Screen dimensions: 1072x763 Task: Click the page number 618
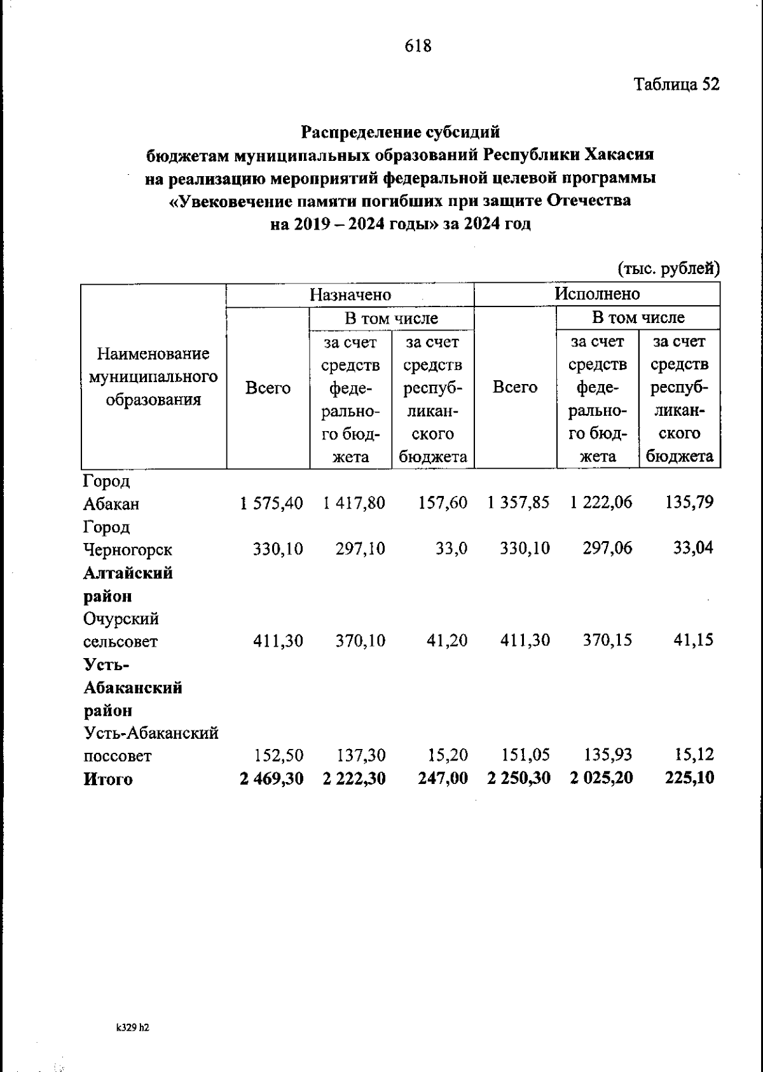pyautogui.click(x=418, y=46)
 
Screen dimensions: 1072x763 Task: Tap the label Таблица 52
pyautogui.click(x=676, y=85)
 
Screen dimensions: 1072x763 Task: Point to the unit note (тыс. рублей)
pyautogui.click(x=669, y=269)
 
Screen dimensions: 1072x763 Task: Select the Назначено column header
pyautogui.click(x=350, y=294)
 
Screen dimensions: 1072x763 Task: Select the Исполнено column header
pyautogui.click(x=597, y=294)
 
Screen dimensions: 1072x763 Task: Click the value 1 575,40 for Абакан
pyautogui.click(x=272, y=503)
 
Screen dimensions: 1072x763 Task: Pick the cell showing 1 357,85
pyautogui.click(x=519, y=503)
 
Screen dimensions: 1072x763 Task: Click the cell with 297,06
pyautogui.click(x=607, y=548)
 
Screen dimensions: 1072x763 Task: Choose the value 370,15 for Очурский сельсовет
pyautogui.click(x=608, y=640)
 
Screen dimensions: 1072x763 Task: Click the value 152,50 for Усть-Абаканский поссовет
pyautogui.click(x=278, y=755)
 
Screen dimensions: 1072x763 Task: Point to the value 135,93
pyautogui.click(x=608, y=755)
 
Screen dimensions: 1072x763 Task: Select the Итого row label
pyautogui.click(x=108, y=780)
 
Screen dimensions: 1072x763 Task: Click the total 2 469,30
pyautogui.click(x=272, y=778)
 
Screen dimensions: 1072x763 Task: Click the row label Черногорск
pyautogui.click(x=128, y=549)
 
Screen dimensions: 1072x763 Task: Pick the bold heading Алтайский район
pyautogui.click(x=128, y=584)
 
